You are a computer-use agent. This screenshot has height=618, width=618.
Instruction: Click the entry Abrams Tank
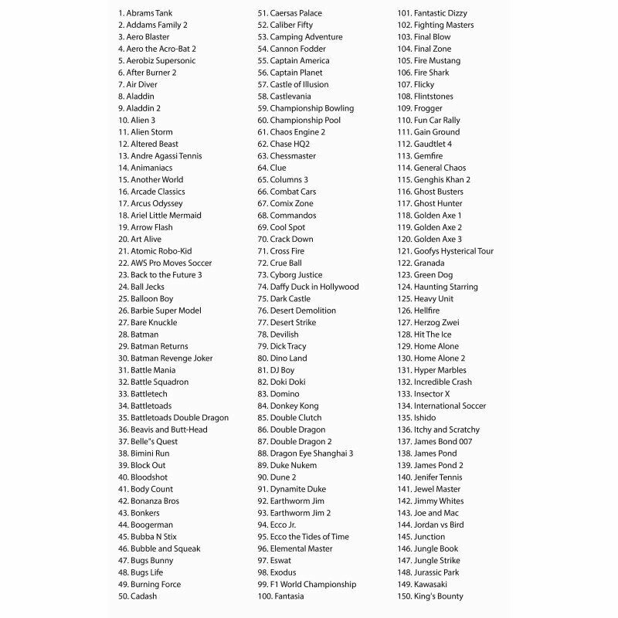[151, 13]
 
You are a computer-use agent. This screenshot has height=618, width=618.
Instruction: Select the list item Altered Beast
[154, 144]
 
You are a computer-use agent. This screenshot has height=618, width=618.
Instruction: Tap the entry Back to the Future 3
[166, 275]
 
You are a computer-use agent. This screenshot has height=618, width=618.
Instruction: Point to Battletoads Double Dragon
[179, 418]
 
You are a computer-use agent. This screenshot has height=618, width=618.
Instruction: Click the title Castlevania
[290, 97]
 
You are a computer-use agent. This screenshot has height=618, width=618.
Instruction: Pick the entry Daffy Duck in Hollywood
[314, 287]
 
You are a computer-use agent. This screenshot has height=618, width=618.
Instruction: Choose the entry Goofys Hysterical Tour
[453, 251]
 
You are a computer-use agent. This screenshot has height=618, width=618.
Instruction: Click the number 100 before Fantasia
[264, 596]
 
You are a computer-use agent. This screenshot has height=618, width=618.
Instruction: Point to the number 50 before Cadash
[123, 596]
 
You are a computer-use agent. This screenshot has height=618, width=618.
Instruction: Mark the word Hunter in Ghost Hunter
[449, 204]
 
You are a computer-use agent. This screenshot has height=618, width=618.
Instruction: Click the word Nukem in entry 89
[302, 465]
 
